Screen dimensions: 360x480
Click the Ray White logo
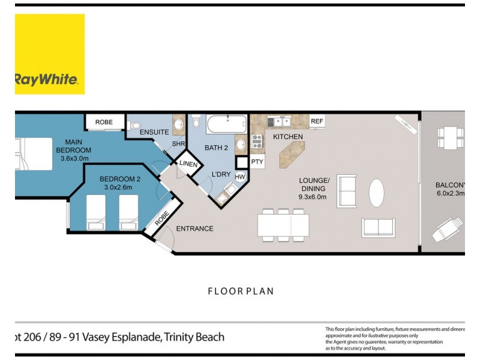(x=50, y=54)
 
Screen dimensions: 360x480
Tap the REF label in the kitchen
(x=317, y=121)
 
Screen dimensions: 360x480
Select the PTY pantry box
(x=257, y=162)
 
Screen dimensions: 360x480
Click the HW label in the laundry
(x=240, y=177)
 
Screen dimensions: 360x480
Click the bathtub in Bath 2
(x=226, y=126)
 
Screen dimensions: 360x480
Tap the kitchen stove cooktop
(x=257, y=142)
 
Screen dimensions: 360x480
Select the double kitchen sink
(x=279, y=122)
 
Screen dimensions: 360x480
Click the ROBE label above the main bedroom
(x=104, y=122)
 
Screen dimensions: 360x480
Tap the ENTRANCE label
(x=194, y=229)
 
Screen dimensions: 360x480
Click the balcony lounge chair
(x=449, y=230)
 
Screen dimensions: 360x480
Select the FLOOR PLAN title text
(x=241, y=292)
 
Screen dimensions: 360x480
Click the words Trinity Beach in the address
(x=194, y=337)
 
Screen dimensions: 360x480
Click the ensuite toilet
(x=133, y=125)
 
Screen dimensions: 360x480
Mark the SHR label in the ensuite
(x=178, y=144)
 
